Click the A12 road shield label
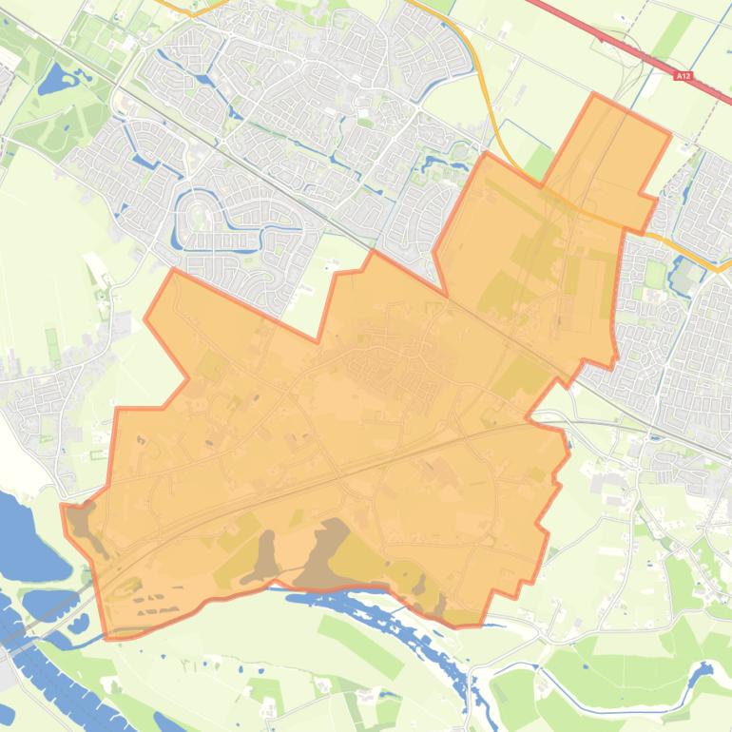(683, 73)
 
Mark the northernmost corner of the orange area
(596, 94)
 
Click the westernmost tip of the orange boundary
(63, 506)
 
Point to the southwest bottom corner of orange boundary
(108, 636)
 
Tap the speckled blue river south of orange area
(399, 608)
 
